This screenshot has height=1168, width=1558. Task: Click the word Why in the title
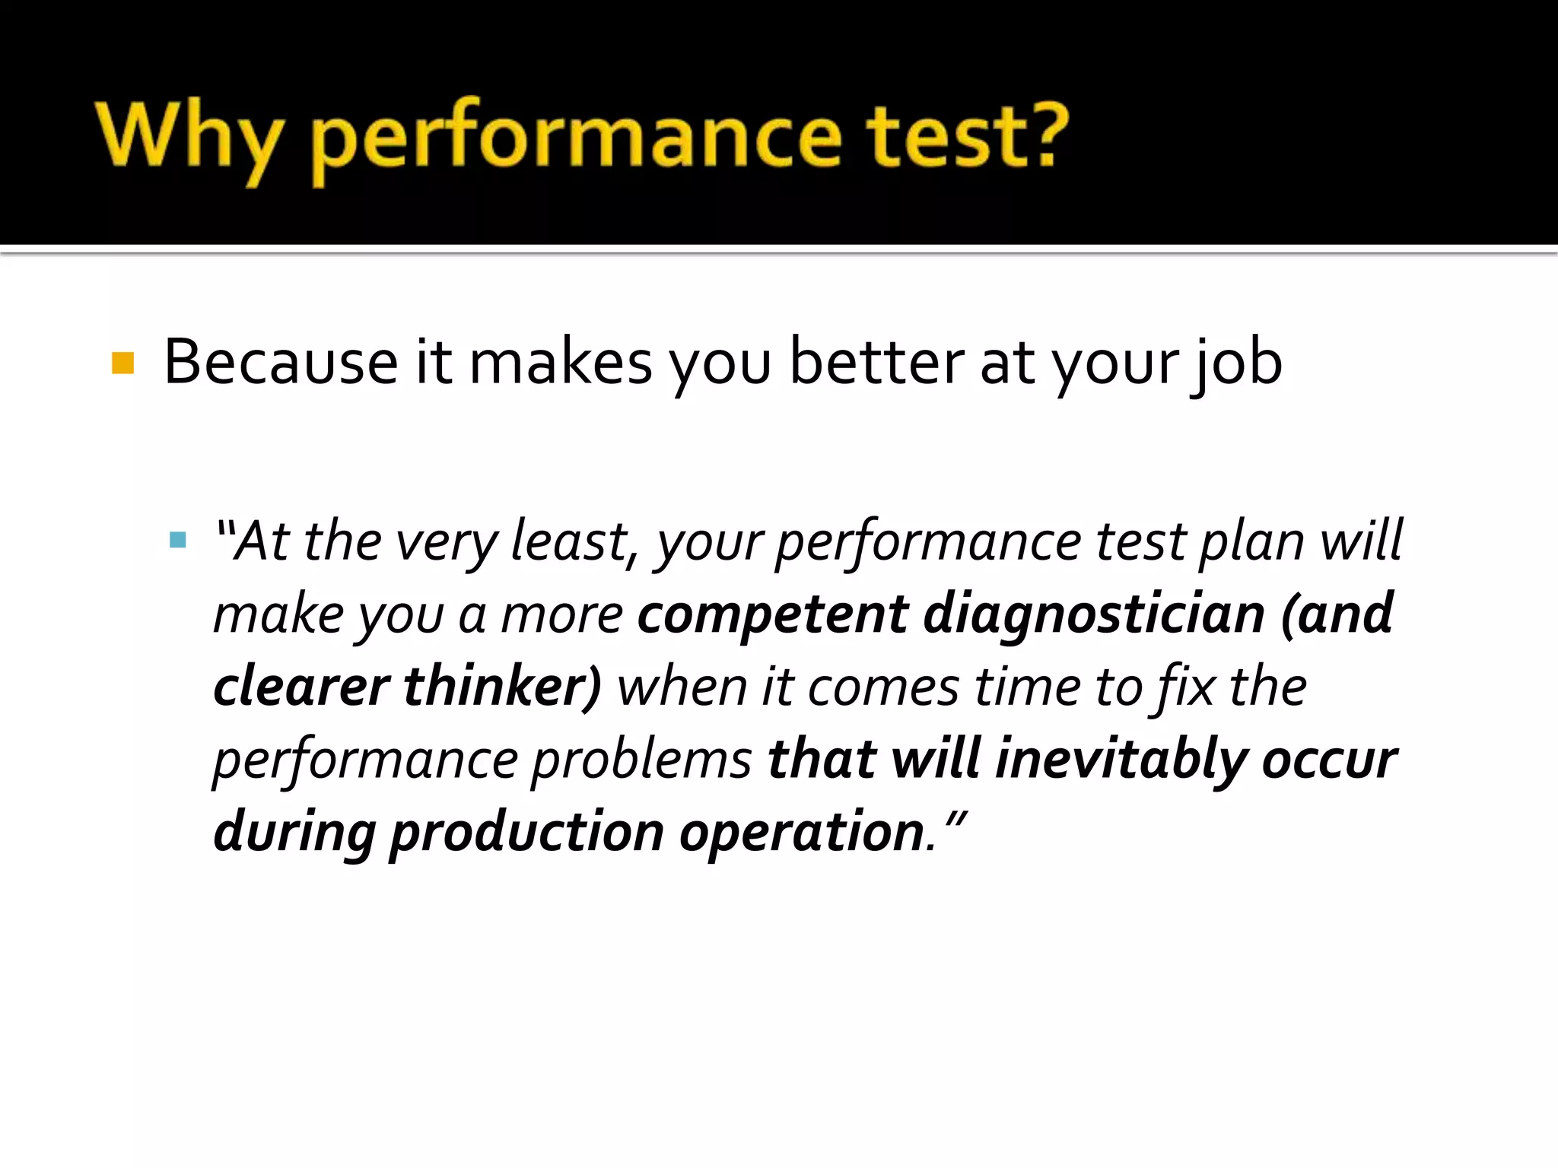click(186, 137)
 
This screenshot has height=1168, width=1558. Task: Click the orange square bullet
click(122, 363)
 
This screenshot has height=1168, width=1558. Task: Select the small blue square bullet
click(178, 541)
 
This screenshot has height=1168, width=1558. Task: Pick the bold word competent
click(773, 614)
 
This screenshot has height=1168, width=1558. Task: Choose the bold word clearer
click(301, 687)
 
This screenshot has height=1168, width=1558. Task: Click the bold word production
click(527, 832)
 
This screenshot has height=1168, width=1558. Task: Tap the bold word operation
click(802, 832)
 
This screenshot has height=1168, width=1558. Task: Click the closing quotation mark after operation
click(956, 820)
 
